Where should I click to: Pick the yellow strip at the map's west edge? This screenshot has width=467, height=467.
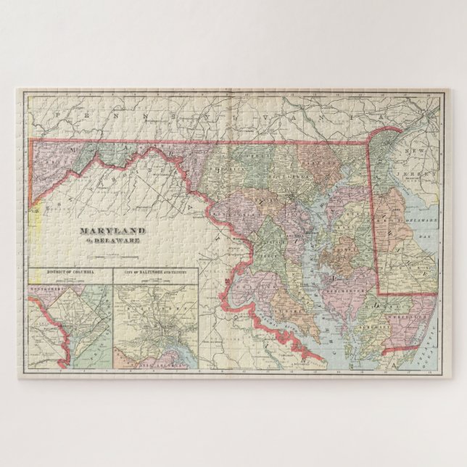pos(33,218)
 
